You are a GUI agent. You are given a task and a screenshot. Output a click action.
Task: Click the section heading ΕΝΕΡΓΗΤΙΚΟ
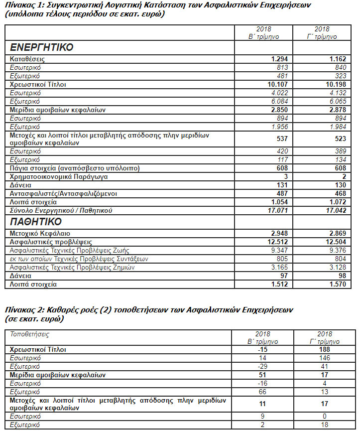(x=42, y=48)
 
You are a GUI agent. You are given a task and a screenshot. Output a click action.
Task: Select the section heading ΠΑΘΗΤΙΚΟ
(x=36, y=221)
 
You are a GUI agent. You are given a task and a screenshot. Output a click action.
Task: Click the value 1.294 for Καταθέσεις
(x=280, y=59)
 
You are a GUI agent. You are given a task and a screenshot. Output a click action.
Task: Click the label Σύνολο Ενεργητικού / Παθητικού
(x=61, y=211)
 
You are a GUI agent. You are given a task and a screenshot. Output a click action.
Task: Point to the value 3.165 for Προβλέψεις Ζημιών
(x=280, y=267)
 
